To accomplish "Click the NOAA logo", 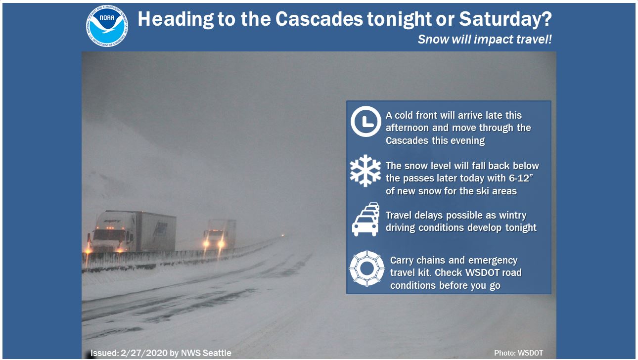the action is [107, 26].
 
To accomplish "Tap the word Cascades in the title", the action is [319, 19].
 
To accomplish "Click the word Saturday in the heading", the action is [501, 19].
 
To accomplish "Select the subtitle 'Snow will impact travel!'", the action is [485, 39].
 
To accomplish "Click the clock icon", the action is [365, 121].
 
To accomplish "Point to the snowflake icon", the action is [365, 171].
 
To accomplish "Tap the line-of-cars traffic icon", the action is [366, 219].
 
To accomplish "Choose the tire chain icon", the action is [367, 268].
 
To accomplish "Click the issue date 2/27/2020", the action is [144, 353].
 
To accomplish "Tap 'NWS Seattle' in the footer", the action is [206, 353].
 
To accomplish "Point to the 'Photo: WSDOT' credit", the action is [518, 353].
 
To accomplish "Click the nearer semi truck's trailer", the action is [156, 231].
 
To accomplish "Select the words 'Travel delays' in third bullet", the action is [414, 216].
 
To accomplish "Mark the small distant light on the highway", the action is [283, 235].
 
